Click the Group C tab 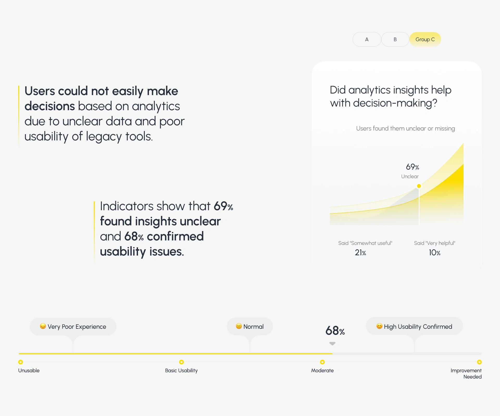[x=425, y=39]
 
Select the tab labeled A [x=367, y=39]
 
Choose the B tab [x=395, y=39]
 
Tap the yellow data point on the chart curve [x=419, y=186]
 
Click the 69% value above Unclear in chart [x=413, y=167]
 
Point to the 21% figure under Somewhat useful [x=360, y=252]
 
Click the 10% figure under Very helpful [x=435, y=252]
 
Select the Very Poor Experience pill [x=73, y=327]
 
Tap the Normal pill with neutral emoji [x=250, y=326]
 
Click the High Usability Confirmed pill [x=414, y=326]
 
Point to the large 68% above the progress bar [x=335, y=331]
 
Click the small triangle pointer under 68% [x=332, y=344]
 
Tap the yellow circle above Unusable [x=21, y=362]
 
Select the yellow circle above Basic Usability [x=182, y=362]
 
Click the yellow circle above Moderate [x=322, y=362]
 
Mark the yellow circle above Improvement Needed [x=479, y=362]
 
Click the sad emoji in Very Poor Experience [x=43, y=326]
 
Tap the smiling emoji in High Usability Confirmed [x=379, y=326]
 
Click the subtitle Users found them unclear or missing [x=405, y=128]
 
